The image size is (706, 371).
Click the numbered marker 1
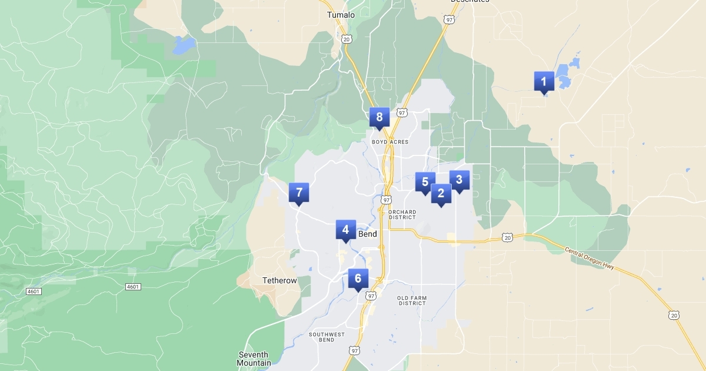click(544, 81)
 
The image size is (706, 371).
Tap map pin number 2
click(441, 193)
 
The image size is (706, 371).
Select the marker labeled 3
click(459, 180)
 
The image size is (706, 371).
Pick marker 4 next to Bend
click(345, 230)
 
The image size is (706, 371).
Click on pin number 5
click(425, 182)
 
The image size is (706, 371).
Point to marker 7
click(298, 193)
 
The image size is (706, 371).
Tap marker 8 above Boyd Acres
click(379, 117)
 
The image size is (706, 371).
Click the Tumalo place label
click(341, 15)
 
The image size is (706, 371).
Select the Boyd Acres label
click(390, 142)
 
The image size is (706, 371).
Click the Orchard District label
click(402, 214)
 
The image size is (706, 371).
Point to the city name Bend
click(367, 234)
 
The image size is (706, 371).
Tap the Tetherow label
click(279, 281)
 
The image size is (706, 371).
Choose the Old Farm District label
click(411, 301)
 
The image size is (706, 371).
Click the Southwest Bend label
click(327, 337)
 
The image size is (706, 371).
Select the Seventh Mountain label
click(254, 359)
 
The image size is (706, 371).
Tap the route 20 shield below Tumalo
click(346, 39)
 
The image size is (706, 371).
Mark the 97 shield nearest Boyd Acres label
click(402, 112)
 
